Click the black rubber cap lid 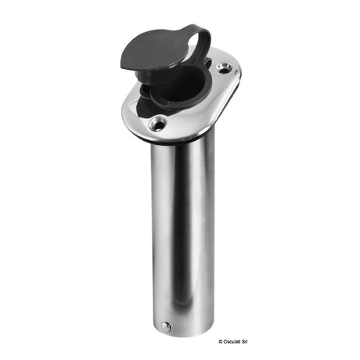click(161, 56)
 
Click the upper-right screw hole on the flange click(227, 71)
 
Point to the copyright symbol click(304, 347)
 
